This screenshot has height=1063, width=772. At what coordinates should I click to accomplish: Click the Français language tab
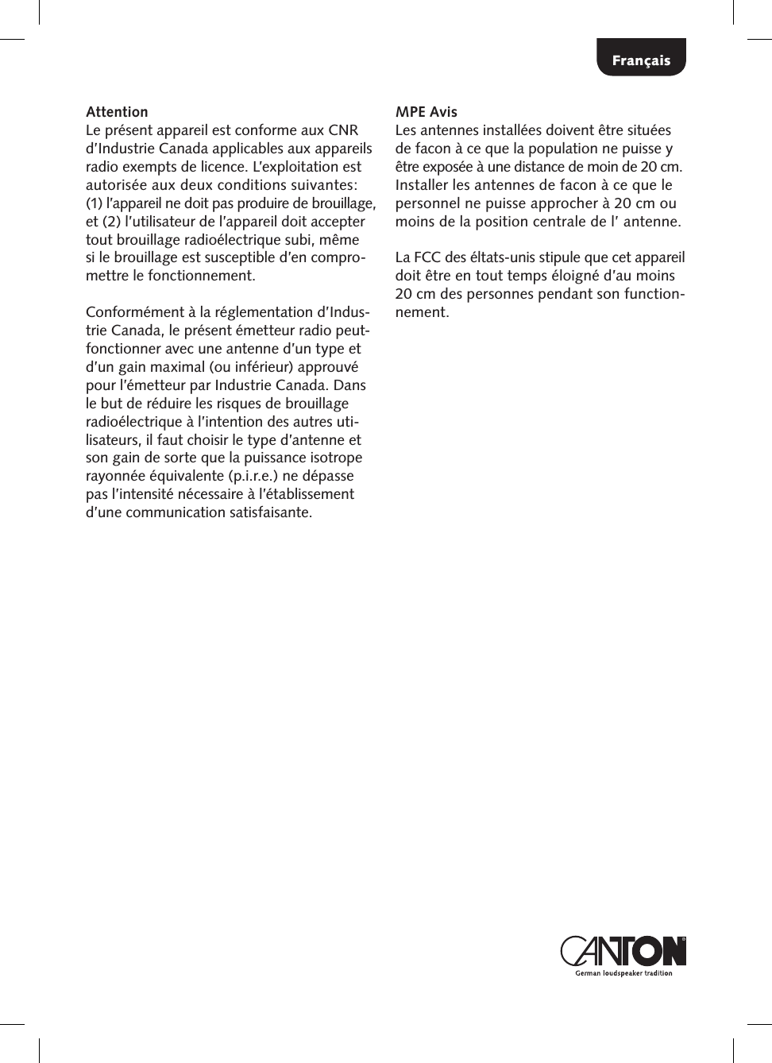641,60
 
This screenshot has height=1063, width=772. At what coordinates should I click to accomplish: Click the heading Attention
117,112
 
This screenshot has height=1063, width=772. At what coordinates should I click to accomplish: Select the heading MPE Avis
427,112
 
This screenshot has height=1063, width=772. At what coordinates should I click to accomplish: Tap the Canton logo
623,951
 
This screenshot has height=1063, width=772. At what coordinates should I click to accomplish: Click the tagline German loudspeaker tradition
623,973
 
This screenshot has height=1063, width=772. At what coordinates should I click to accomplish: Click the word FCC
428,257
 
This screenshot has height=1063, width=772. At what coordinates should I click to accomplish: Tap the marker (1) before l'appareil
95,203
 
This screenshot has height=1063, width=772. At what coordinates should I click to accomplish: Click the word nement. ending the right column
422,312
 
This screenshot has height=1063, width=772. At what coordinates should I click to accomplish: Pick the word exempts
150,167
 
